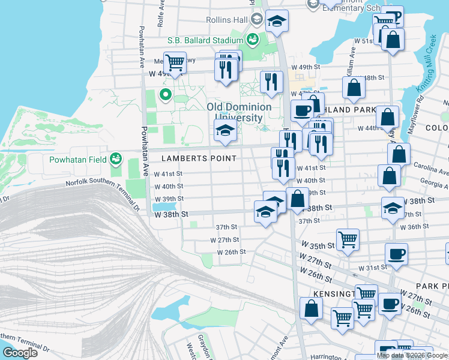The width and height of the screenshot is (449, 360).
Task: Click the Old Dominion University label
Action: point(239,112)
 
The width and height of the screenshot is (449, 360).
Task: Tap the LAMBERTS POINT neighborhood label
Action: point(199,158)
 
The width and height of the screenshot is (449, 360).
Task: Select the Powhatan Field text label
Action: point(77,160)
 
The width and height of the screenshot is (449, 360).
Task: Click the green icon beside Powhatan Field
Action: point(116,159)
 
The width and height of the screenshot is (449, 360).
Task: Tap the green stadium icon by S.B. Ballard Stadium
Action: point(252,40)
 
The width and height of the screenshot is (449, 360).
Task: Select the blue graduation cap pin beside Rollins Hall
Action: point(277,22)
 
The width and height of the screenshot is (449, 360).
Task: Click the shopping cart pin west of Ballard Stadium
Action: point(174,62)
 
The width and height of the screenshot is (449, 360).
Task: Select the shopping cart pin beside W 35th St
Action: point(348,239)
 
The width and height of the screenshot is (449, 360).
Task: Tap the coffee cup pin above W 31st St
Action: point(396,254)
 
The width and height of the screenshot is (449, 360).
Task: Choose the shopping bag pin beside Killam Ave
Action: point(354,88)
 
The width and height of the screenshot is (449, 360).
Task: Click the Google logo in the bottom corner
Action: point(20,353)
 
